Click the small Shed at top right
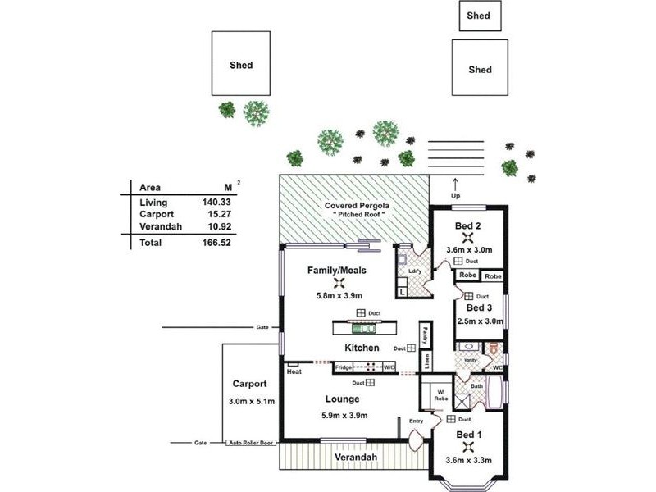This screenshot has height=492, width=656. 478,16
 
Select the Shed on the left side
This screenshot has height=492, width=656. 241,65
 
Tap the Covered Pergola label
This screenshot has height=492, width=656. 354,206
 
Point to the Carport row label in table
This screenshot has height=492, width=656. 155,214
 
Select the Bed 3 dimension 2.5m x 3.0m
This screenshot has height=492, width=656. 480,321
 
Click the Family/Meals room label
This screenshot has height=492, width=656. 336,270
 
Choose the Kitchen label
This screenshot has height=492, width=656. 362,348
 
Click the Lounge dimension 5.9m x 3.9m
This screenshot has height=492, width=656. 342,416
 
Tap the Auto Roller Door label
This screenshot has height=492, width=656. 251,443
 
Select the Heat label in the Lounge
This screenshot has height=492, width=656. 294,371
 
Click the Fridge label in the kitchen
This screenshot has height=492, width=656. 344,367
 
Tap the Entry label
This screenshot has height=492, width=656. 417,421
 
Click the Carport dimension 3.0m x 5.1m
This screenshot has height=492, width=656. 250,401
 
